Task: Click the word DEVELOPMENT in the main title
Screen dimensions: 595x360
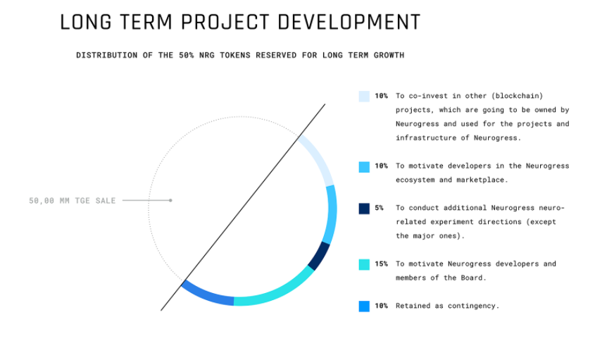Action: pyautogui.click(x=349, y=22)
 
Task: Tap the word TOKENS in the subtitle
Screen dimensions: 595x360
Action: pyautogui.click(x=235, y=55)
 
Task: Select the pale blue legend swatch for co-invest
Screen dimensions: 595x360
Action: pyautogui.click(x=364, y=96)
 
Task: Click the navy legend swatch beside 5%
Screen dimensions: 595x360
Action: pyautogui.click(x=364, y=209)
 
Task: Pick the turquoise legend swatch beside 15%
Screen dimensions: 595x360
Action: pyautogui.click(x=364, y=264)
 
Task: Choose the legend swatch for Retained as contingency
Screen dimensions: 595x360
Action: pyautogui.click(x=364, y=306)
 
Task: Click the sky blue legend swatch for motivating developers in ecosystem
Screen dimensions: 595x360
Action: pyautogui.click(x=364, y=167)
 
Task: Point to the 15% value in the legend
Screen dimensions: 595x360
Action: pyautogui.click(x=381, y=263)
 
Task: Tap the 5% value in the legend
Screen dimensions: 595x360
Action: pyautogui.click(x=379, y=208)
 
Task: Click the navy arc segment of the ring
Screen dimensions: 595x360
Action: pyautogui.click(x=320, y=256)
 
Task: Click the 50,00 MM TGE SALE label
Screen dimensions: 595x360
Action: pyautogui.click(x=72, y=201)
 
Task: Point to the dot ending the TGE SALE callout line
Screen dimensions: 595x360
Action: pyautogui.click(x=170, y=200)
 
